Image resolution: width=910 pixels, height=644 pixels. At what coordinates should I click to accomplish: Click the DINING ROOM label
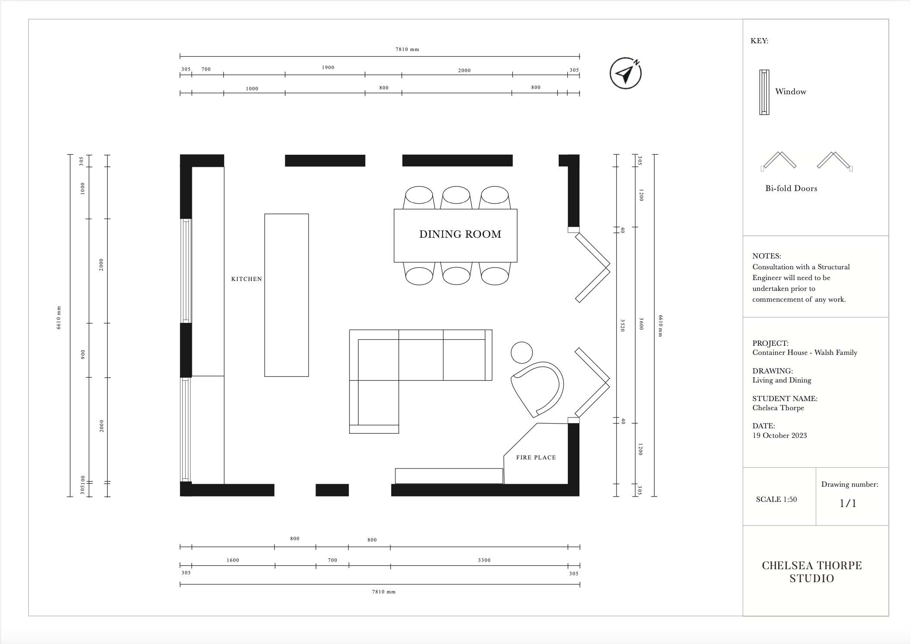[460, 234]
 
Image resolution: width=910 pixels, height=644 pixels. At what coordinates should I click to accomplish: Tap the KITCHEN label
[246, 279]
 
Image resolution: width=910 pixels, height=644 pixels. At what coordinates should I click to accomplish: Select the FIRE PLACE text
[536, 457]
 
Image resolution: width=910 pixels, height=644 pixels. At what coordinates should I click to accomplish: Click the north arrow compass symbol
[625, 74]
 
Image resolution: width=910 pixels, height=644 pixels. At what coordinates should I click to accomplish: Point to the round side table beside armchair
[522, 353]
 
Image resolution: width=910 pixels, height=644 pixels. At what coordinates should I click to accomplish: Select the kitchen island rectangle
[286, 295]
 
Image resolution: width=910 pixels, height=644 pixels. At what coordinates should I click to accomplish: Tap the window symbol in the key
[764, 92]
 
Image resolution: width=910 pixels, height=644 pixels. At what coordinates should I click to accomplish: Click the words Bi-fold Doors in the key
[791, 188]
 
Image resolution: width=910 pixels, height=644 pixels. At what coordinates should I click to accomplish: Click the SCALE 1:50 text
[776, 499]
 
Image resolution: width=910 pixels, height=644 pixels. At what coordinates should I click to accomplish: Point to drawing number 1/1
[847, 503]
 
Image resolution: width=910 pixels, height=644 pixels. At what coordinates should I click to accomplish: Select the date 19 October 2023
[780, 435]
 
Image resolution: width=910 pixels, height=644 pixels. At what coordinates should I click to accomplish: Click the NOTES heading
[766, 256]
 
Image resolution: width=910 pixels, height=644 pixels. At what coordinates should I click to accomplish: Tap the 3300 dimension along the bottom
[484, 560]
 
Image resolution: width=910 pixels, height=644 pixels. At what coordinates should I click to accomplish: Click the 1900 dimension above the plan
[328, 67]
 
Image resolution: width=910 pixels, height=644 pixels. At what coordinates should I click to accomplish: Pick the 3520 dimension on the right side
[623, 325]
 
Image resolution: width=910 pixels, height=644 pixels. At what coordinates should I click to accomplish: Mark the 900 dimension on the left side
[83, 354]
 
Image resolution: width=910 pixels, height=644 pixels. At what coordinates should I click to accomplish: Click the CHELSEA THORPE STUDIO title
[811, 572]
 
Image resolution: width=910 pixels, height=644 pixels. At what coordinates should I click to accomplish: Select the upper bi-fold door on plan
[592, 267]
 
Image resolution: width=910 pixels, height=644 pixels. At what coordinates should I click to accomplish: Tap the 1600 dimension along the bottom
[232, 560]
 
